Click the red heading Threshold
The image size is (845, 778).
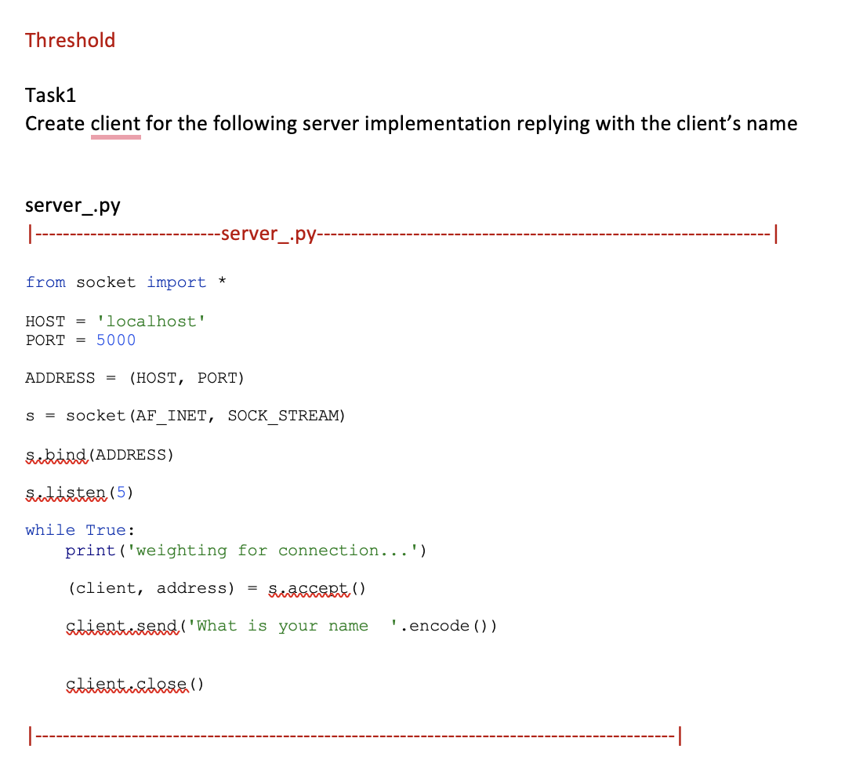pos(70,40)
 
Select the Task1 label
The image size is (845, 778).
pos(51,95)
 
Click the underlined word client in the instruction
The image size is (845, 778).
pos(116,124)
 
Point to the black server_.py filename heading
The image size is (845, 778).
pos(73,205)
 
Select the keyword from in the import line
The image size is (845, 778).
pos(45,282)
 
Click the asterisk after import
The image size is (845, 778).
pos(223,282)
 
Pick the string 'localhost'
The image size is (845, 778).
pos(151,321)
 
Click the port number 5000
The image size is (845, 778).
pos(116,340)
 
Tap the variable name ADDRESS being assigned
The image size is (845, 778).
pos(60,378)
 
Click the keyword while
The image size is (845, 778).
pos(50,530)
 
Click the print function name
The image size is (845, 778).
pos(90,551)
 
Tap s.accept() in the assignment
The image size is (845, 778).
pos(317,588)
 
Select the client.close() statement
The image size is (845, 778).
pos(135,684)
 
